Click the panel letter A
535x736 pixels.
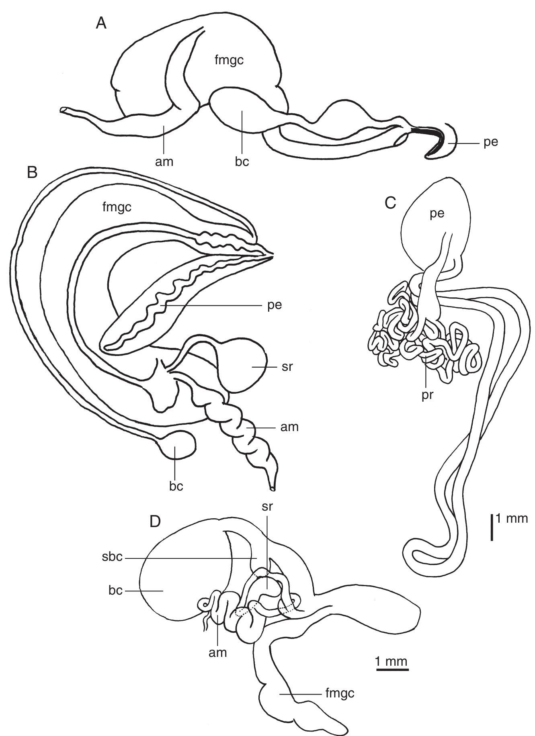coord(101,24)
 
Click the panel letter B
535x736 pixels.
coord(32,172)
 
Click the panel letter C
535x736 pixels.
coord(390,204)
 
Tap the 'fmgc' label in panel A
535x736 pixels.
coord(229,61)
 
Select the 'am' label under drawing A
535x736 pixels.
coord(164,162)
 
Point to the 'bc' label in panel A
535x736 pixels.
coord(242,162)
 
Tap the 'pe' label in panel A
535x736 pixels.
coord(491,143)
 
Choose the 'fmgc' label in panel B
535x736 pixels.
coord(117,207)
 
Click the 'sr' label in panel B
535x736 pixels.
coord(287,367)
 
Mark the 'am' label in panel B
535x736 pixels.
coord(290,427)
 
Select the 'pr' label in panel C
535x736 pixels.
coord(427,395)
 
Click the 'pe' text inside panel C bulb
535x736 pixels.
coord(437,213)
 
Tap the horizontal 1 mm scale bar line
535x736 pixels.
coord(392,670)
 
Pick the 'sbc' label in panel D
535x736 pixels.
coord(113,558)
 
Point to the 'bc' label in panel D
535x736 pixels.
coord(115,591)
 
